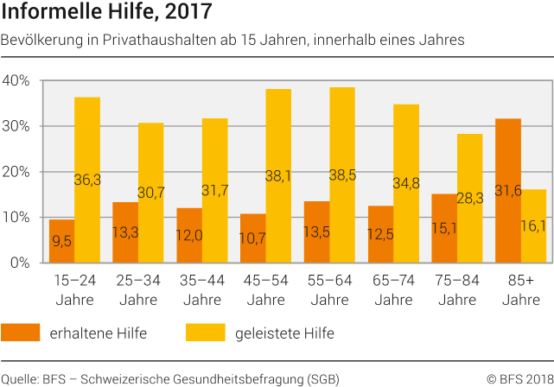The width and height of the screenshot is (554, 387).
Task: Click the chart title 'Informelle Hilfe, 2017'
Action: [106, 13]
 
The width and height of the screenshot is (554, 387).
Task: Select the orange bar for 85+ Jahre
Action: [509, 190]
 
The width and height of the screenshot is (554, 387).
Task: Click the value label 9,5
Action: [60, 243]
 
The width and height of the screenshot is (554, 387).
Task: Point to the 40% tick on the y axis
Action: [17, 80]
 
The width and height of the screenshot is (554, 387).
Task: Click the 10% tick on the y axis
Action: [17, 217]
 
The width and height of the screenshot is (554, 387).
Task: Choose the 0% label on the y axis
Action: [21, 263]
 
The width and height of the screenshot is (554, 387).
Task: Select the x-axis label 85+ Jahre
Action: [521, 289]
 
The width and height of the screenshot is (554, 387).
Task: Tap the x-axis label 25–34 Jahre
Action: [138, 289]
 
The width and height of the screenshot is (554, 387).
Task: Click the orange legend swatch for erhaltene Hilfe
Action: [25, 333]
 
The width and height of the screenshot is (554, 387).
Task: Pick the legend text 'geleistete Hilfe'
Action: [282, 333]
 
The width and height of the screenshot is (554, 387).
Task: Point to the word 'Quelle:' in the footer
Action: [19, 378]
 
